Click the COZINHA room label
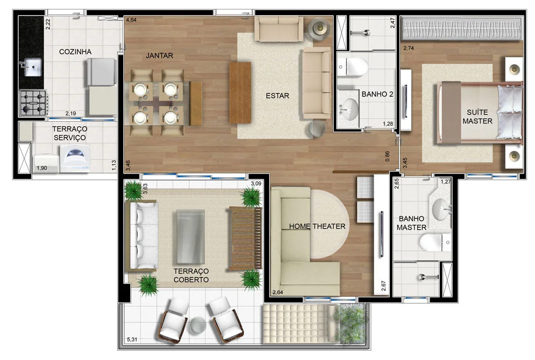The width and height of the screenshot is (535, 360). click(x=75, y=52)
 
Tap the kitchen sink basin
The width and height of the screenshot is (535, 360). click(x=33, y=68)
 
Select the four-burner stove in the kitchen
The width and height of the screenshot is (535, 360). click(x=33, y=102)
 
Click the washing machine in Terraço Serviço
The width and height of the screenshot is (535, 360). click(x=75, y=158)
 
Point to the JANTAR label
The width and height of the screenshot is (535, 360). click(x=159, y=55)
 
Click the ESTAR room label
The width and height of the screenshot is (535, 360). click(x=277, y=96)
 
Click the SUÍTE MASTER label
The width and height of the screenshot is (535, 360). click(x=477, y=116)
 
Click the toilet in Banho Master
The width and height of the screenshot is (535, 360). click(x=435, y=242)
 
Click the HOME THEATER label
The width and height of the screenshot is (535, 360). click(x=317, y=226)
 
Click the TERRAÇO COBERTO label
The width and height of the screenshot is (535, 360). click(x=191, y=275)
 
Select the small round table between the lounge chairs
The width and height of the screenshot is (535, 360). click(x=198, y=324)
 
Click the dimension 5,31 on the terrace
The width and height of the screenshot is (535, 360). click(x=132, y=339)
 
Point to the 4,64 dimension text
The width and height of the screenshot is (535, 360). click(x=131, y=20)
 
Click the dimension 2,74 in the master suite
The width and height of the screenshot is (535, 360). click(x=408, y=48)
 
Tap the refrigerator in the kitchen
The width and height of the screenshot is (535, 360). click(x=101, y=72)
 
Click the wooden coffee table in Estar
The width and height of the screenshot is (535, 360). click(x=240, y=92)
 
